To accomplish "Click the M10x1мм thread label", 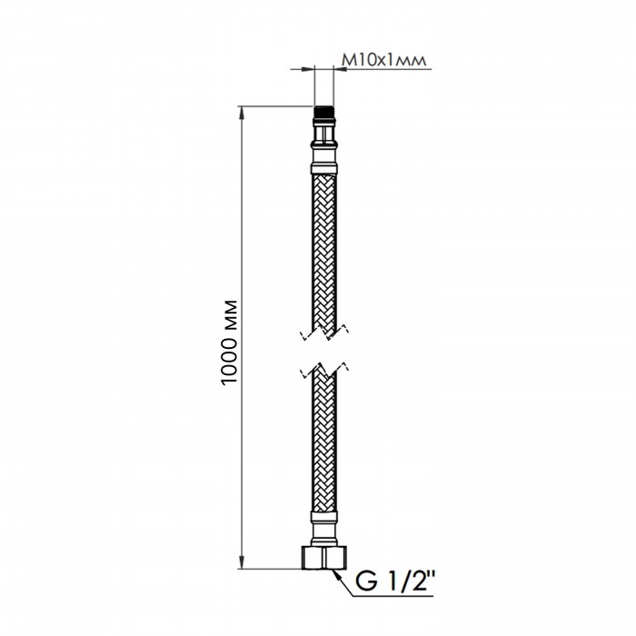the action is click(384, 60).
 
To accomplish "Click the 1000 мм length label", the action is click(230, 343).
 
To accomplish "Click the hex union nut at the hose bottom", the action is click(324, 558).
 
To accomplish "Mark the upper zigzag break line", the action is click(324, 332).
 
